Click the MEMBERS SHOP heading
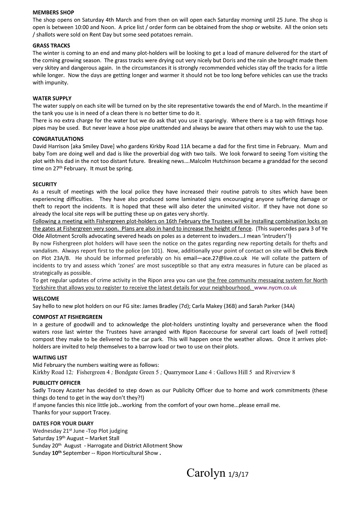coord(54,13)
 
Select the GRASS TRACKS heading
coord(51,46)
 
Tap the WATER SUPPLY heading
coord(52,99)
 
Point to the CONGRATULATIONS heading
coord(58,139)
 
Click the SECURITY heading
coord(45,184)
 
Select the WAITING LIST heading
coord(50,357)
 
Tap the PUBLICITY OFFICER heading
coord(56,383)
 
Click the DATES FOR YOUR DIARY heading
coord(63,424)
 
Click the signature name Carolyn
coord(206,473)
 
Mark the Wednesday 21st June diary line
coord(80,431)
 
